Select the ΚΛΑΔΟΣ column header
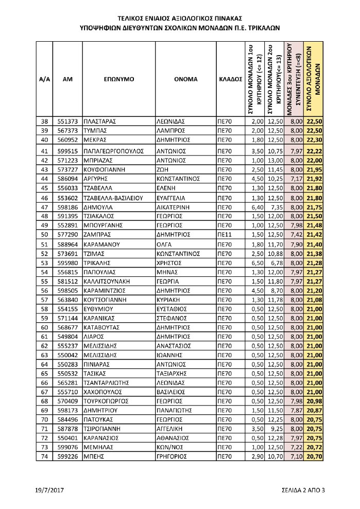[230, 80]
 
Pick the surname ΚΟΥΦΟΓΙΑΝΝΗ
[104, 169]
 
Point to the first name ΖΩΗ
[163, 169]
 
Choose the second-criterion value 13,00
[276, 161]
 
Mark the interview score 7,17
[295, 179]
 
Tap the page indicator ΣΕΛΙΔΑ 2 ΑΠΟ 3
[304, 490]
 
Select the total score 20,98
[314, 401]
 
